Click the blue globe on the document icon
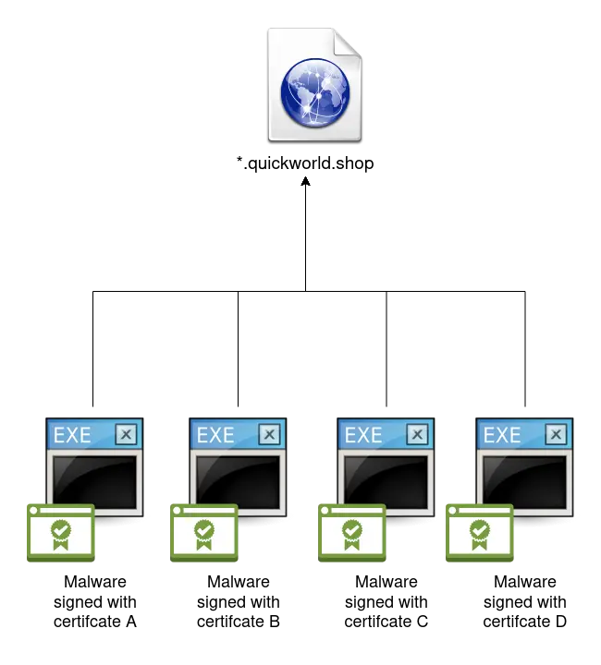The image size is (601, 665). click(x=315, y=92)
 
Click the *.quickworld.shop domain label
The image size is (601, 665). click(x=305, y=163)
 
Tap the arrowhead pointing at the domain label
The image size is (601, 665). click(x=306, y=181)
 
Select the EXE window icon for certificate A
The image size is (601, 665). click(x=94, y=467)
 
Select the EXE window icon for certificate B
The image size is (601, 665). click(x=238, y=467)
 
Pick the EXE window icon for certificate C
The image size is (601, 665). click(x=386, y=467)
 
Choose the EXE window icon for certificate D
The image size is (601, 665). click(x=524, y=467)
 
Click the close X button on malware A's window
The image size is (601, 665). click(x=126, y=434)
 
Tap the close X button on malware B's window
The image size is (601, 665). click(x=269, y=434)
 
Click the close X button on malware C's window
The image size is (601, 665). click(x=417, y=434)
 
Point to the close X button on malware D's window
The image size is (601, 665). click(x=556, y=434)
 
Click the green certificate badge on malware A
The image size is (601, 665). click(x=61, y=533)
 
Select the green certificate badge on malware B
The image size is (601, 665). click(x=204, y=533)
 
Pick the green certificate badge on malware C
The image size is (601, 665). click(x=352, y=533)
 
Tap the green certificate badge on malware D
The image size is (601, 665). click(x=480, y=533)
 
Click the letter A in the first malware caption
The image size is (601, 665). click(x=130, y=622)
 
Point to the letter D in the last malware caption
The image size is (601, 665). click(x=560, y=622)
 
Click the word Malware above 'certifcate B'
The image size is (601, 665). click(x=239, y=582)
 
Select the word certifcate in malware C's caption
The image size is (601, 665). click(x=376, y=622)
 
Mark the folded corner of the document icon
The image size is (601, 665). click(x=347, y=42)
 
